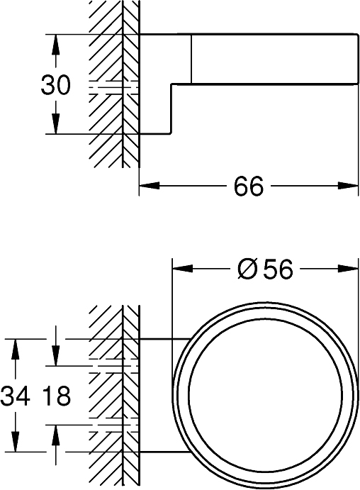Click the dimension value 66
coord(248,187)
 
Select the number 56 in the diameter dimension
coord(276,269)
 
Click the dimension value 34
coord(16,396)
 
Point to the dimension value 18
coord(56,396)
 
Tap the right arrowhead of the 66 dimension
coord(348,186)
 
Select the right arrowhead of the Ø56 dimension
coord(348,269)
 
